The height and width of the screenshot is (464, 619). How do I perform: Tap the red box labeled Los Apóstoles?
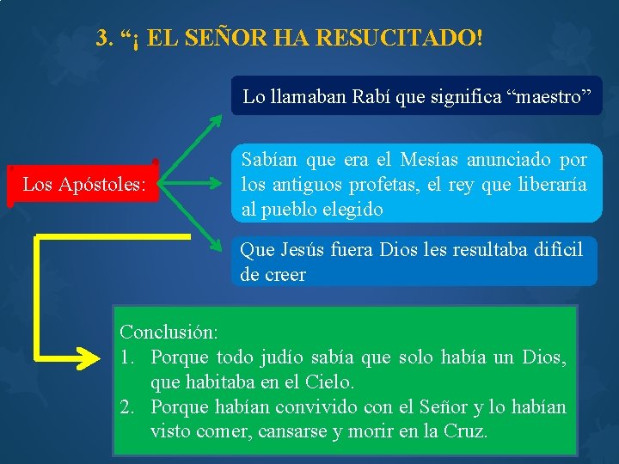83,184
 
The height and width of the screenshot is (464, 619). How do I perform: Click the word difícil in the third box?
551,250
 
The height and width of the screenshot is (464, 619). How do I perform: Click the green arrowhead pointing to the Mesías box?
217,184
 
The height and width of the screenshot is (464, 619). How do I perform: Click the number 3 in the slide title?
103,39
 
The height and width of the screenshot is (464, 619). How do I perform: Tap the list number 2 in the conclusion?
126,406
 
